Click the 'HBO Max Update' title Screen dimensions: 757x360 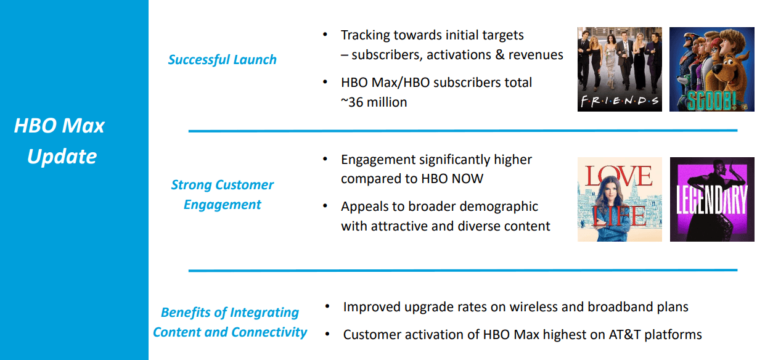[59, 141]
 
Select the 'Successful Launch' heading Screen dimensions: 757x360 [223, 60]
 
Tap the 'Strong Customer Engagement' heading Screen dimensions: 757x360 [223, 194]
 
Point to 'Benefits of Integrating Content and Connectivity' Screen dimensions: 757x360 [230, 322]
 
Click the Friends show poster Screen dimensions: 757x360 [620, 69]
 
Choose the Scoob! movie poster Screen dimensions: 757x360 [712, 69]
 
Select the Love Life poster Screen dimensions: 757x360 [620, 199]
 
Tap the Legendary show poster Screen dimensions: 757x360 [712, 199]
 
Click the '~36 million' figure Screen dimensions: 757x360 [374, 102]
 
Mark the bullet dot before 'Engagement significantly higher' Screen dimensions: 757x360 [325, 159]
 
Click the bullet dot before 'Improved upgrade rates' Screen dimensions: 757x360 [327, 306]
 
